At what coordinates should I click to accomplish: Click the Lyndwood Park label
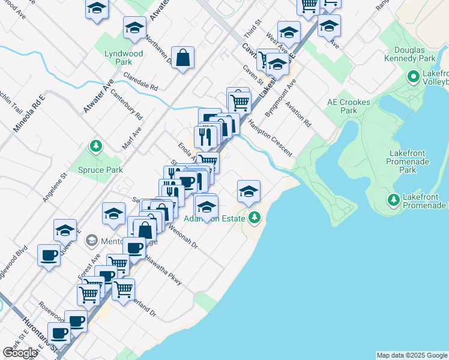[124, 58]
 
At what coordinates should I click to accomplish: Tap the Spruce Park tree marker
[95, 146]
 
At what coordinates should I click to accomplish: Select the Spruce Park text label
[100, 170]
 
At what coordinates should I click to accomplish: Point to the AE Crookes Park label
[348, 106]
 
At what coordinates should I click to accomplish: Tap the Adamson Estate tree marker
[255, 217]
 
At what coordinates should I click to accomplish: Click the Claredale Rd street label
[140, 82]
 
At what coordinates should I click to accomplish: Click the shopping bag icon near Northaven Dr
[182, 58]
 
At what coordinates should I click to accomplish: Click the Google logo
[20, 353]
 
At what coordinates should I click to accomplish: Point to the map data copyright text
[412, 355]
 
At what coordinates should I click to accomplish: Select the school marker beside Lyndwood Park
[134, 28]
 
